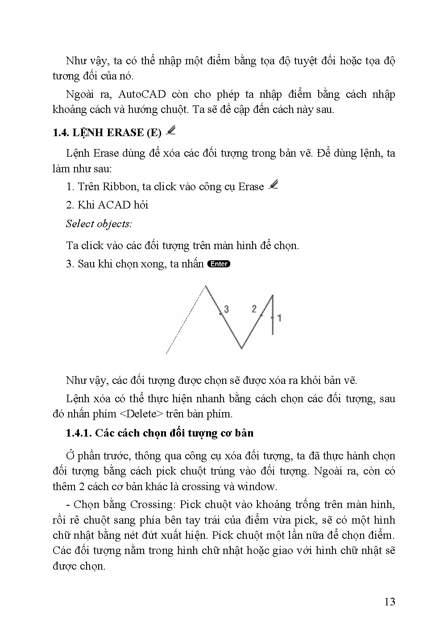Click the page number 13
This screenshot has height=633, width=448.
389,602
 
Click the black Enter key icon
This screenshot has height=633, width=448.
219,264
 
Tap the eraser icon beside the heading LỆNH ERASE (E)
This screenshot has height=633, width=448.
170,131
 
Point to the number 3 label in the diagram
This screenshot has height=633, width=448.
226,309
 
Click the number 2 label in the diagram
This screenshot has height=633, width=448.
254,308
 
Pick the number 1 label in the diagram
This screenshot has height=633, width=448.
279,318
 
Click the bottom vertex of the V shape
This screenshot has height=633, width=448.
241,347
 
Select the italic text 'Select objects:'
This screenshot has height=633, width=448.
99,224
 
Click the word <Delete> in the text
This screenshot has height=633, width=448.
141,413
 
